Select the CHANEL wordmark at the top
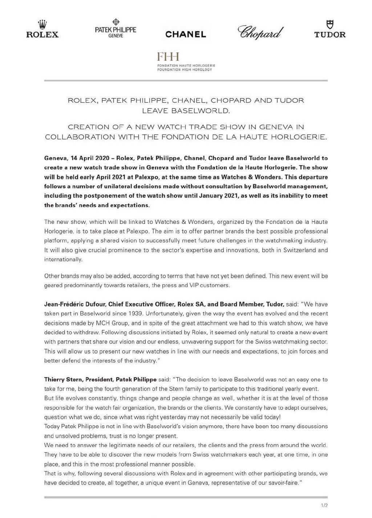[x=186, y=34]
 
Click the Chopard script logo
[x=260, y=32]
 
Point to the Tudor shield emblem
[x=330, y=24]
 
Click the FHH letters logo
[x=168, y=57]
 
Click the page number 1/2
[x=324, y=505]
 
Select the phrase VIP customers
[x=209, y=285]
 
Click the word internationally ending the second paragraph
[x=63, y=260]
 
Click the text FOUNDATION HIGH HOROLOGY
[x=185, y=70]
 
